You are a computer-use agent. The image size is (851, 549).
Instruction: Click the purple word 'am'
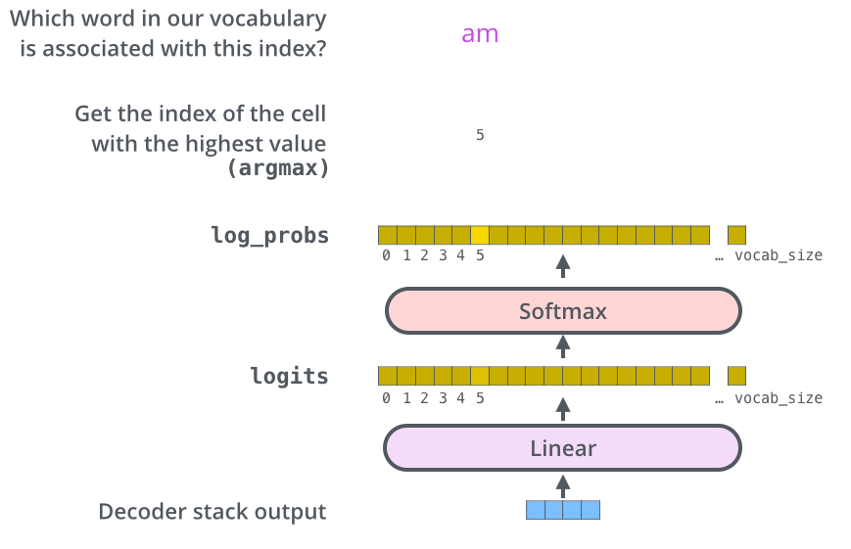pyautogui.click(x=480, y=34)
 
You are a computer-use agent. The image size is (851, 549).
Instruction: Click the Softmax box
pyautogui.click(x=563, y=312)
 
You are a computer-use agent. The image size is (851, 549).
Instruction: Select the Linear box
pyautogui.click(x=563, y=449)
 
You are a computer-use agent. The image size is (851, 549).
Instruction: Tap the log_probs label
pyautogui.click(x=269, y=235)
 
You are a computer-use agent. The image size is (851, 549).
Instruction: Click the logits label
pyautogui.click(x=289, y=376)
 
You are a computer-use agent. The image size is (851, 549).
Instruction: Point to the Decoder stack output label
pyautogui.click(x=213, y=512)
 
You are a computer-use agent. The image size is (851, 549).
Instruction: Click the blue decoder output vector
pyautogui.click(x=562, y=510)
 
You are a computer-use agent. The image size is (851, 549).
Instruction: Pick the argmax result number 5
pyautogui.click(x=480, y=135)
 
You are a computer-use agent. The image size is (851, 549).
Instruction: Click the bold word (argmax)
pyautogui.click(x=277, y=167)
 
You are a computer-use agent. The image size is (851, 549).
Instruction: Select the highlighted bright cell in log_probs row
pyautogui.click(x=480, y=235)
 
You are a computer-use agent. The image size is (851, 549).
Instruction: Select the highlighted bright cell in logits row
pyautogui.click(x=480, y=376)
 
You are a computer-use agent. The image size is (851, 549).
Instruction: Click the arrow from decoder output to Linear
pyautogui.click(x=562, y=483)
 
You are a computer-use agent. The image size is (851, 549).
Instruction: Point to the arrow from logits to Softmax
pyautogui.click(x=562, y=344)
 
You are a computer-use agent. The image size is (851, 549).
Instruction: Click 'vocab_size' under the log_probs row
pyautogui.click(x=779, y=256)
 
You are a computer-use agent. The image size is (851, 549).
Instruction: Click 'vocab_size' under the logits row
pyautogui.click(x=779, y=398)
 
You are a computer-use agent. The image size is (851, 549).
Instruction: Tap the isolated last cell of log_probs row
pyautogui.click(x=736, y=235)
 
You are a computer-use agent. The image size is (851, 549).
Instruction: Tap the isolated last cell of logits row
pyautogui.click(x=736, y=376)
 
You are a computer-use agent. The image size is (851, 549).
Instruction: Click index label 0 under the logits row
pyautogui.click(x=386, y=398)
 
